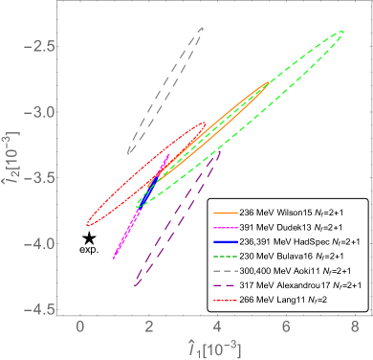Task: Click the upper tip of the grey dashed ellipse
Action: [x=204, y=27]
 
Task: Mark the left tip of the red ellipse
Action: [x=87, y=224]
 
